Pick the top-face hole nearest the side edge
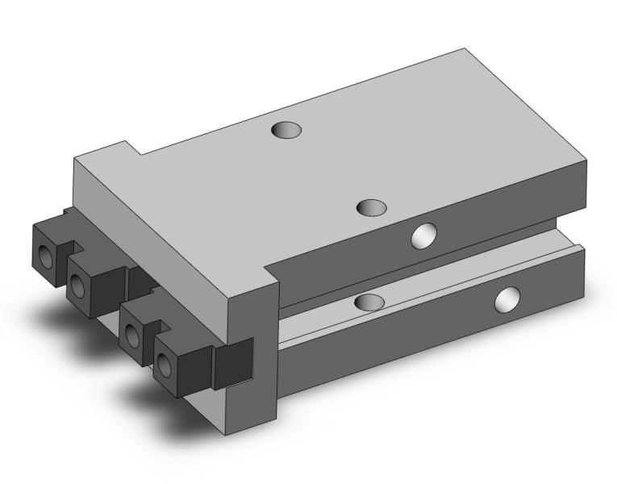[372, 207]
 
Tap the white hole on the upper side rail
[422, 236]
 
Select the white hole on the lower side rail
[507, 300]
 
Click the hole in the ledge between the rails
[369, 302]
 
